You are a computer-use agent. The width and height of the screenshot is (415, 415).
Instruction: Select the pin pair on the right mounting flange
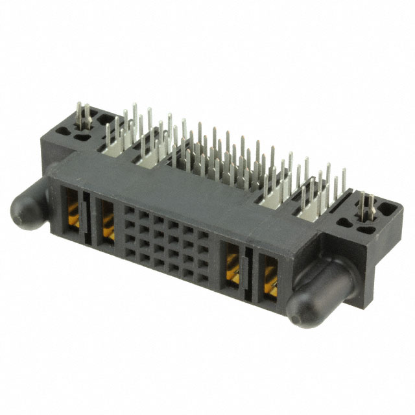coord(368,206)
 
